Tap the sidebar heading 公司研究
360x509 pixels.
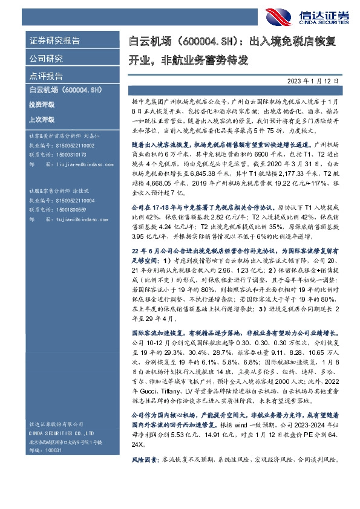tap(46, 59)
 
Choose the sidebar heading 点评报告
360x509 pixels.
tap(46, 76)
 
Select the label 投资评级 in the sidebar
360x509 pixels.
tap(41, 105)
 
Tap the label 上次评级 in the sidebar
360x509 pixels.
tap(41, 120)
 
